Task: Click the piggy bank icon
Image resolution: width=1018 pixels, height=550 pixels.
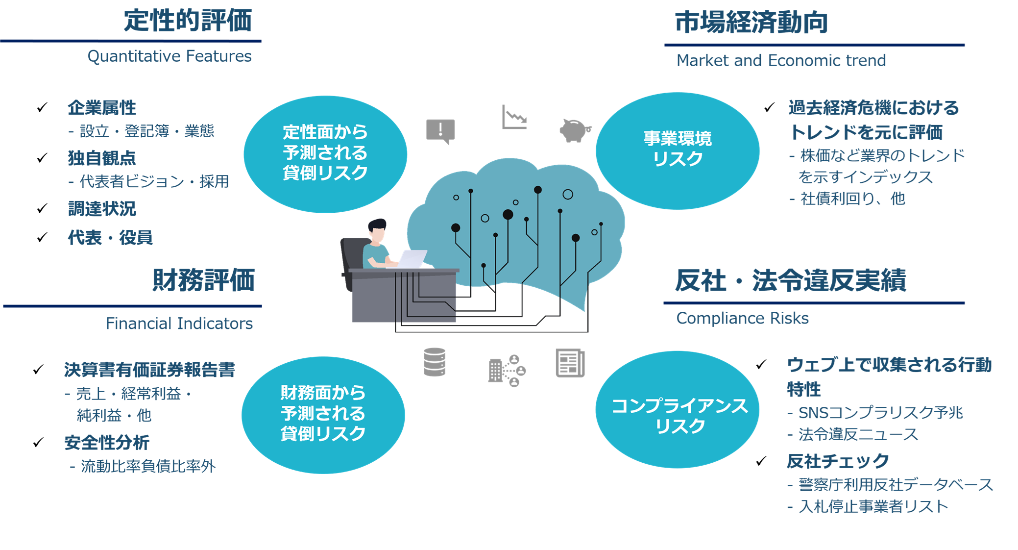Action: coord(575,130)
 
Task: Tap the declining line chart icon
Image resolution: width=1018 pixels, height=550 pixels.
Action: coord(514,118)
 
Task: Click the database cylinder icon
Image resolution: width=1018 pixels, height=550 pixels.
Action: coord(435,362)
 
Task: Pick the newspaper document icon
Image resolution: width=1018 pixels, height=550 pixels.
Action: coord(570,363)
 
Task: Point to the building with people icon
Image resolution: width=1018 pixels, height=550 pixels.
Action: coord(507,371)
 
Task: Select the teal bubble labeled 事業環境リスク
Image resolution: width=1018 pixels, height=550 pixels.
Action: coord(678,150)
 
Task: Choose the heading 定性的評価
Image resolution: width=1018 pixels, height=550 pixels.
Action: coord(188,21)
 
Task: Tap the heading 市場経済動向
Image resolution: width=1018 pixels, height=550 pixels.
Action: coord(751,23)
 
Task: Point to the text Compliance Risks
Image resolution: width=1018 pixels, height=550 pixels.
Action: coord(743,319)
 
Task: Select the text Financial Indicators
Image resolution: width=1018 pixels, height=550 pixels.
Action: coord(179,324)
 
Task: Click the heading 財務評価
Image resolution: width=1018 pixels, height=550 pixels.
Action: coord(203,280)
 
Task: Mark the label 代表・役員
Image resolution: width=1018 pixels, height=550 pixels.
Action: coord(110,238)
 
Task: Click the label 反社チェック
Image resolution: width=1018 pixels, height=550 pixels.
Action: coord(838,461)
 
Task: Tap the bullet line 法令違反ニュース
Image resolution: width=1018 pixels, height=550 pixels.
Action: coord(858,434)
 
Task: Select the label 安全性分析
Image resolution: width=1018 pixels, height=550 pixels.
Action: coord(107,443)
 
